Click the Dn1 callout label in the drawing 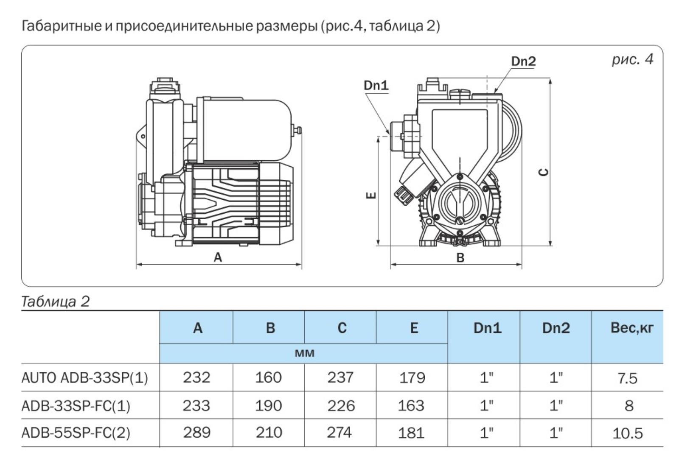click(x=376, y=86)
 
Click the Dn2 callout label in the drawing click(x=523, y=61)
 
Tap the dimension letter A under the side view click(x=218, y=257)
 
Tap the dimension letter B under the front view click(x=460, y=257)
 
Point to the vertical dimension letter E click(x=371, y=195)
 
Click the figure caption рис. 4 click(x=632, y=59)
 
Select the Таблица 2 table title click(x=56, y=302)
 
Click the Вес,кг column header click(x=632, y=328)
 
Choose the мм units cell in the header click(x=304, y=353)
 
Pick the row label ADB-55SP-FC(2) click(x=76, y=433)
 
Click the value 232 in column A click(x=196, y=377)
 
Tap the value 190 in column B click(x=268, y=405)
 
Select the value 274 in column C click(x=339, y=433)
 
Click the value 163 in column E click(x=411, y=405)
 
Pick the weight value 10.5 click(x=628, y=433)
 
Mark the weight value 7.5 click(x=628, y=378)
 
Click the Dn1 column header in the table click(x=487, y=328)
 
